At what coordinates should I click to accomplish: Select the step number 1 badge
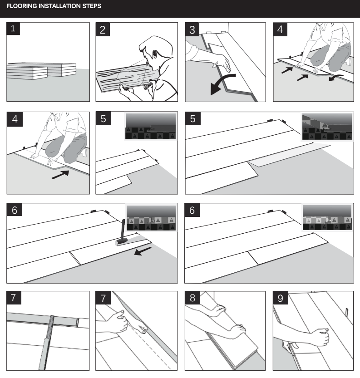pyautogui.click(x=13, y=29)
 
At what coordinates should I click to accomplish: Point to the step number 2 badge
pyautogui.click(x=103, y=29)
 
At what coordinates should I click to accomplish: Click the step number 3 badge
pyautogui.click(x=192, y=29)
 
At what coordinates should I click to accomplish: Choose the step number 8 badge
pyautogui.click(x=192, y=298)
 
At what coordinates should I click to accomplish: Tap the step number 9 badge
pyautogui.click(x=280, y=298)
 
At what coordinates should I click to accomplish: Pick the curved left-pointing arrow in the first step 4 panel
pyautogui.click(x=335, y=78)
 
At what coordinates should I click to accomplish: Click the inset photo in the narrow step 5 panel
pyautogui.click(x=150, y=126)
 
